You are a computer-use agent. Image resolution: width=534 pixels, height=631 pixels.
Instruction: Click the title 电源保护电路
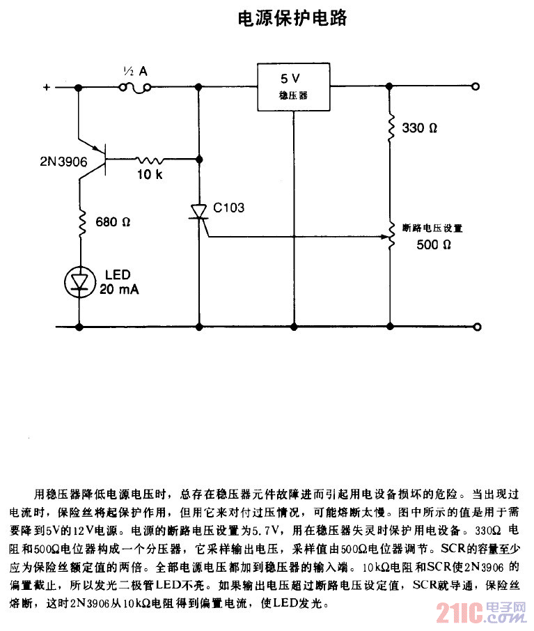(x=292, y=19)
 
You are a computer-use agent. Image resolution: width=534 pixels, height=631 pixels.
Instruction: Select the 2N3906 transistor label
(x=63, y=162)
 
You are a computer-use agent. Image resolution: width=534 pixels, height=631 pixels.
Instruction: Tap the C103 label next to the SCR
(x=229, y=207)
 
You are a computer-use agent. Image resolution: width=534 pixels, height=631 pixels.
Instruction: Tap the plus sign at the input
(x=47, y=87)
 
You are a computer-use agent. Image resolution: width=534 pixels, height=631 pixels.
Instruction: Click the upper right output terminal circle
(x=476, y=87)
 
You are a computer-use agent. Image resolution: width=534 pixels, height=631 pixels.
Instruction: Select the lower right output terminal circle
(x=476, y=327)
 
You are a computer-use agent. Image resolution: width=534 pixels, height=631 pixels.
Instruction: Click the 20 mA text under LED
(x=120, y=289)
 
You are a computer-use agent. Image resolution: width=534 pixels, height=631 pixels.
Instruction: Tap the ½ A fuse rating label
(x=134, y=71)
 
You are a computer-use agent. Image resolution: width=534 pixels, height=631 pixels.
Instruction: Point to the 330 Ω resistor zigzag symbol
(x=390, y=127)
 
